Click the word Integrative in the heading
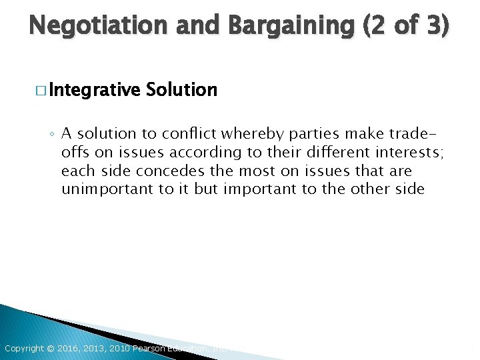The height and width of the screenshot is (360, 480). (x=93, y=89)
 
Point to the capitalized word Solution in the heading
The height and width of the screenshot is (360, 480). (x=181, y=89)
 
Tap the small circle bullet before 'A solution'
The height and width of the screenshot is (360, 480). (x=52, y=134)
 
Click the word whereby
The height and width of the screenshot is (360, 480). (x=245, y=133)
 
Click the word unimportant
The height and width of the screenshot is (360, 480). (x=107, y=189)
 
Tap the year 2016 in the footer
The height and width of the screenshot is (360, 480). (x=67, y=349)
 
